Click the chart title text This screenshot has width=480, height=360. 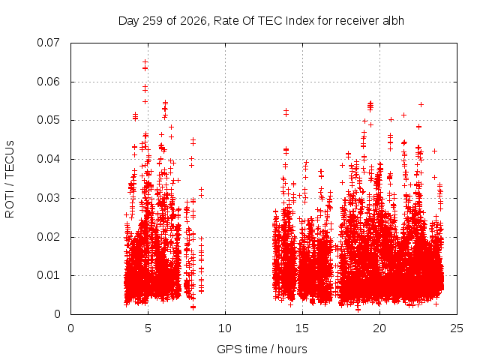[x=261, y=21]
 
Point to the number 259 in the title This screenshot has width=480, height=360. [x=153, y=21]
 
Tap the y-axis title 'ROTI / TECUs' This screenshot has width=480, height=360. [x=10, y=179]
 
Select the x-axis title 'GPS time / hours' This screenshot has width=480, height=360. [x=262, y=349]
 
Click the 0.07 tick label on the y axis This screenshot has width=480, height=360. [x=48, y=43]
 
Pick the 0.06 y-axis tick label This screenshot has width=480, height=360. [x=48, y=82]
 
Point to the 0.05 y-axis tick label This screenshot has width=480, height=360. [x=48, y=120]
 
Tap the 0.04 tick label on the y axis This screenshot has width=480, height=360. [x=48, y=159]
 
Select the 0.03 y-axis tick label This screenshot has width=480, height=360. [x=48, y=198]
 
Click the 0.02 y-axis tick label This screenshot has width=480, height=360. [x=48, y=237]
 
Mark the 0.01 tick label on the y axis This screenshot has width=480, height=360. [x=48, y=275]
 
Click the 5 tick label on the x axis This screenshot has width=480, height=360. [x=148, y=328]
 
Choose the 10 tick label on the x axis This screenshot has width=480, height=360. [x=225, y=328]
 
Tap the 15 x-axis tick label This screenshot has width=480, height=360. [x=302, y=328]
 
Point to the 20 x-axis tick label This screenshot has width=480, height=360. [x=379, y=328]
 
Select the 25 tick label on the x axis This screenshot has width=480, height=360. [x=457, y=328]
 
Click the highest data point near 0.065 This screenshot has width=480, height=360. [x=145, y=62]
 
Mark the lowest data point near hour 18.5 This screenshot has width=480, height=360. [x=358, y=310]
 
